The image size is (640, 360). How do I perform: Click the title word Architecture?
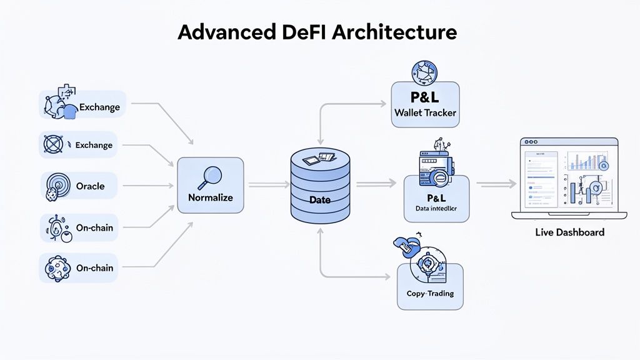(394, 32)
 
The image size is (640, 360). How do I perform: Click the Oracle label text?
(90, 186)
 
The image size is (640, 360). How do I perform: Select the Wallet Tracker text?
(425, 113)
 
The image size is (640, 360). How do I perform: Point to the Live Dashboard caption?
(569, 232)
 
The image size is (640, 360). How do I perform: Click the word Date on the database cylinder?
(319, 200)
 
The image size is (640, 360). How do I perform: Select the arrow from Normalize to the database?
(269, 185)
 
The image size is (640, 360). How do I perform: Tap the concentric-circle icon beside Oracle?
(55, 186)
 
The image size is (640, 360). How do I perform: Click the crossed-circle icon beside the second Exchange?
(53, 145)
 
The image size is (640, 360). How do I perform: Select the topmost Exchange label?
(99, 107)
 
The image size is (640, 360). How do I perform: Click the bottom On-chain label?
(94, 267)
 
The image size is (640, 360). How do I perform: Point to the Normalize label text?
(210, 197)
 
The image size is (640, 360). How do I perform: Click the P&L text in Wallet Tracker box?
(425, 98)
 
